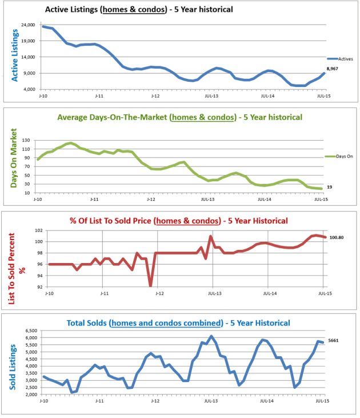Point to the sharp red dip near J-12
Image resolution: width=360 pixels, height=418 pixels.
coord(150,285)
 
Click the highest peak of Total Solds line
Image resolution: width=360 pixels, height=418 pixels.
coord(211,336)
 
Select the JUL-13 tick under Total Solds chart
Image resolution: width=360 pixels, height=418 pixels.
coord(211,402)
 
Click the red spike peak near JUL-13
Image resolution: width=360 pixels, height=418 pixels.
coord(211,236)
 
